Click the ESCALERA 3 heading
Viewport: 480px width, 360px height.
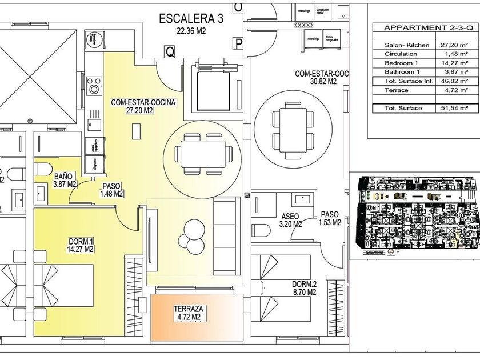(x=191, y=19)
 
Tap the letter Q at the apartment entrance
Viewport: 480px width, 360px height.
(x=170, y=51)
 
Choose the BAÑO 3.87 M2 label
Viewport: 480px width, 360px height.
(x=65, y=180)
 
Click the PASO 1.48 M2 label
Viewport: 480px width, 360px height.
(x=111, y=190)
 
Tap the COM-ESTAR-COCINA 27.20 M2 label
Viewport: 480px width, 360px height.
(x=143, y=107)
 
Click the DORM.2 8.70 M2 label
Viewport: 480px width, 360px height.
(x=304, y=288)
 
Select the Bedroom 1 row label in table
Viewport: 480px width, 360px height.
(x=401, y=63)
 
